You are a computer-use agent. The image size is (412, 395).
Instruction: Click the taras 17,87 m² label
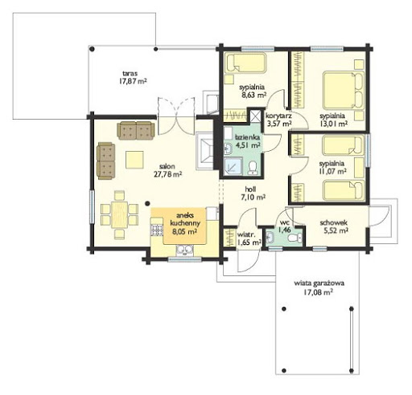click(x=133, y=77)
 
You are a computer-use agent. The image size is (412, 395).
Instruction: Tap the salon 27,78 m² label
click(x=167, y=170)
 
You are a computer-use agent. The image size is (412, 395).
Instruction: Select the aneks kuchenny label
click(x=185, y=219)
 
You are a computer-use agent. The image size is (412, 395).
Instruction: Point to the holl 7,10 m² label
click(x=253, y=193)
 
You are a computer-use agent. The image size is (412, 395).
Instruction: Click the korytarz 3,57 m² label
click(x=278, y=120)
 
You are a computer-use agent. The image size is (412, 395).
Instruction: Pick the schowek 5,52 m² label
click(x=334, y=226)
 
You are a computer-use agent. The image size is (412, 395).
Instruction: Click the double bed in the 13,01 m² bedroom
click(x=344, y=90)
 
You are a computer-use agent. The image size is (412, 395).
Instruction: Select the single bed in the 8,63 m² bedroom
click(x=245, y=63)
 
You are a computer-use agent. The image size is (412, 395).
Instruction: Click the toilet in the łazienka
click(x=253, y=167)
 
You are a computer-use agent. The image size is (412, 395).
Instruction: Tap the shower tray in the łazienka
click(x=233, y=166)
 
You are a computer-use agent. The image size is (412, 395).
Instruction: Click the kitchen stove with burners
click(x=157, y=230)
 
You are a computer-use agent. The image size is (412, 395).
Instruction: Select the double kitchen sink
click(x=185, y=250)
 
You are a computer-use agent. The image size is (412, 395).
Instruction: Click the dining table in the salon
click(x=120, y=214)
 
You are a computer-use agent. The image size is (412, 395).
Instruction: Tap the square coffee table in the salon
click(x=134, y=160)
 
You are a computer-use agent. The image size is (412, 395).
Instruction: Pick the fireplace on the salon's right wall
click(x=204, y=151)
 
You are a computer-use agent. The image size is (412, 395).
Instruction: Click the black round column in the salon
click(x=147, y=204)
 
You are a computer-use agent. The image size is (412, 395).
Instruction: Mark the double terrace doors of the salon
click(x=176, y=116)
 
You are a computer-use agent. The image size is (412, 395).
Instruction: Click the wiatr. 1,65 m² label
click(x=249, y=238)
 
